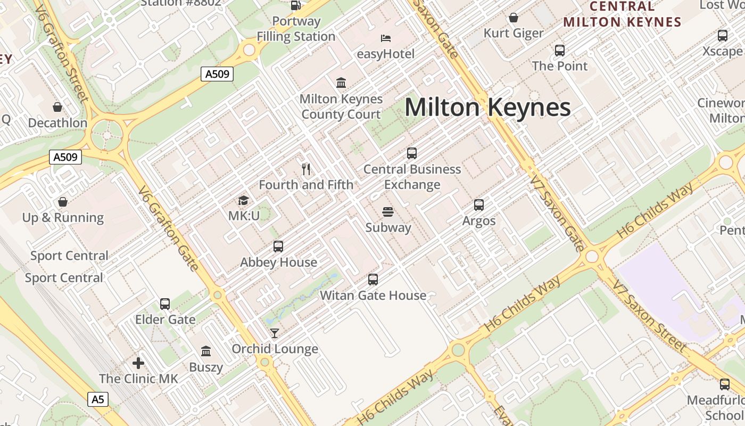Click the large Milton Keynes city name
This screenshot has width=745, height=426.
(x=487, y=108)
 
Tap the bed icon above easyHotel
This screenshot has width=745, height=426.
(x=386, y=38)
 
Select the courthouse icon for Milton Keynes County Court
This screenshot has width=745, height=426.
(x=341, y=83)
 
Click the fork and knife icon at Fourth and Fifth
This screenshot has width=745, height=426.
(x=306, y=169)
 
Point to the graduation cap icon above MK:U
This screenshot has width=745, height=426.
(x=243, y=201)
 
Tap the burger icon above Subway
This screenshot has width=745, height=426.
(x=388, y=212)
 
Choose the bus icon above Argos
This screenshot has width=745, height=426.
(x=479, y=205)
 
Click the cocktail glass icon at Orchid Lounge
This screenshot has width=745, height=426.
(x=275, y=333)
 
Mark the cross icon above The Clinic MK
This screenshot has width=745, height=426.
(x=138, y=363)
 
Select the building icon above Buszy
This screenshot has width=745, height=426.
(x=206, y=351)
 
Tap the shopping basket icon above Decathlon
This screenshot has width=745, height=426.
(x=57, y=107)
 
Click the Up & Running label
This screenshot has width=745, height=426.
(x=63, y=218)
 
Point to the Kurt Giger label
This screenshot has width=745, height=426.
(x=514, y=33)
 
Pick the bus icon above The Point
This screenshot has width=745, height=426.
(x=560, y=51)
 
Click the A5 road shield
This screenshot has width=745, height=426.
(x=97, y=399)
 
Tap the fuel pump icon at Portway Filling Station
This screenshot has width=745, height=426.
(x=296, y=5)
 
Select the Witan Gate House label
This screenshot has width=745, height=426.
(x=373, y=296)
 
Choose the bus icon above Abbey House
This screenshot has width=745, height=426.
(x=278, y=247)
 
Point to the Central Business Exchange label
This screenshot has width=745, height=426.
(x=412, y=177)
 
